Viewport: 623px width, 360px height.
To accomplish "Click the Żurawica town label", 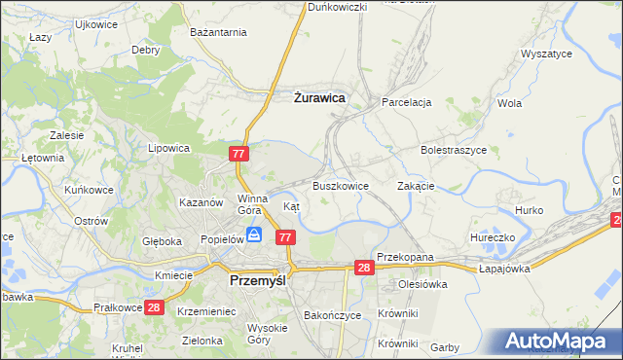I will click(319, 97).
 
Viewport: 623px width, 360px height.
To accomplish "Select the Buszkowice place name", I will click(340, 185).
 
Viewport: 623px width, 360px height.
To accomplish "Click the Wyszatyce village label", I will click(546, 54).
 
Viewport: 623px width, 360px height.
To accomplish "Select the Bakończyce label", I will click(332, 315).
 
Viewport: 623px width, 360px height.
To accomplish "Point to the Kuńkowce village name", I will click(87, 190).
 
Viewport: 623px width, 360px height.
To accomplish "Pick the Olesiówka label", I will click(421, 284).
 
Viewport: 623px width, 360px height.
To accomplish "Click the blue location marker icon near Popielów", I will click(254, 234).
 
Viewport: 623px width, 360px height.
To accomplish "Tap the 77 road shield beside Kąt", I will click(285, 237).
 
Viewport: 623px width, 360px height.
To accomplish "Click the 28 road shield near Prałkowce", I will click(154, 306).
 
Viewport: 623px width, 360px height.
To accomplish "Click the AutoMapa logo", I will click(556, 342).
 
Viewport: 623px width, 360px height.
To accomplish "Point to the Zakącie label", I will click(416, 185).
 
